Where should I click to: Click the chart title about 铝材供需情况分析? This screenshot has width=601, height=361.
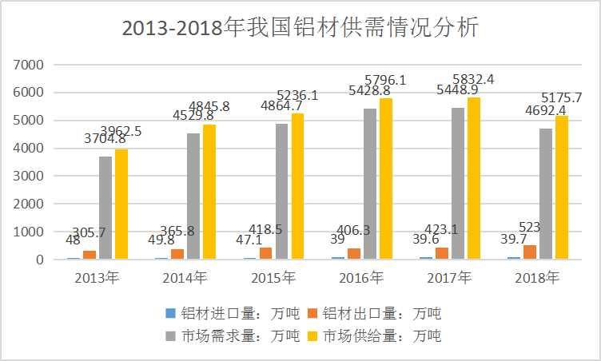tap(300, 28)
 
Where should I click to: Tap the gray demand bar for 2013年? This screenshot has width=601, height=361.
tap(105, 208)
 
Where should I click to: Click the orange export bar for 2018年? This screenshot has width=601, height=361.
tap(530, 252)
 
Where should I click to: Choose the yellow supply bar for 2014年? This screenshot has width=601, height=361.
tap(209, 192)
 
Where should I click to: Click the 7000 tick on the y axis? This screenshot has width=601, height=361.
tap(30, 65)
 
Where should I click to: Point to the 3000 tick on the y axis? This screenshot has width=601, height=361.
tap(30, 176)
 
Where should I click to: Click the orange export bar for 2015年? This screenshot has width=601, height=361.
tap(265, 253)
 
